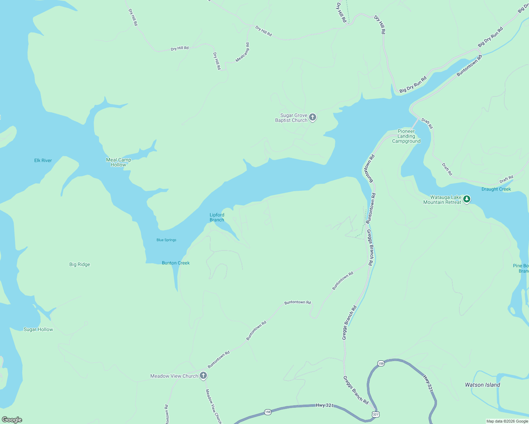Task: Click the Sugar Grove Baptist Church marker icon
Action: pyautogui.click(x=312, y=117)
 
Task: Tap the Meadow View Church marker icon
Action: pyautogui.click(x=203, y=375)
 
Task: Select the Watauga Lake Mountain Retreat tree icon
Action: pyautogui.click(x=467, y=199)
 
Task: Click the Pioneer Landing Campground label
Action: pyautogui.click(x=406, y=136)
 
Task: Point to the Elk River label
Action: pyautogui.click(x=43, y=160)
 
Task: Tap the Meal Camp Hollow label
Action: pyautogui.click(x=118, y=162)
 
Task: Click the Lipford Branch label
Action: pyautogui.click(x=217, y=217)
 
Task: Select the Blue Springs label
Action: pyautogui.click(x=166, y=240)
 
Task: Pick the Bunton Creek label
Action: pyautogui.click(x=176, y=263)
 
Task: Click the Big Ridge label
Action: pyautogui.click(x=80, y=264)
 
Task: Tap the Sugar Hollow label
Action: pyautogui.click(x=38, y=329)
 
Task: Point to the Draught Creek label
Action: pyautogui.click(x=496, y=189)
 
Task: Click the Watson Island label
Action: pyautogui.click(x=482, y=385)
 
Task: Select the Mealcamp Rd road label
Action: pyautogui.click(x=243, y=52)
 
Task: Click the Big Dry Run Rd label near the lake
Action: pyautogui.click(x=413, y=85)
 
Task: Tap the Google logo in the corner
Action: pyautogui.click(x=12, y=420)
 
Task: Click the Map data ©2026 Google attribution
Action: pyautogui.click(x=507, y=421)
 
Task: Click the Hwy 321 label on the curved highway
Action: pyautogui.click(x=428, y=383)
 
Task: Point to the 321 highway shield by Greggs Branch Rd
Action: pyautogui.click(x=376, y=414)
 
